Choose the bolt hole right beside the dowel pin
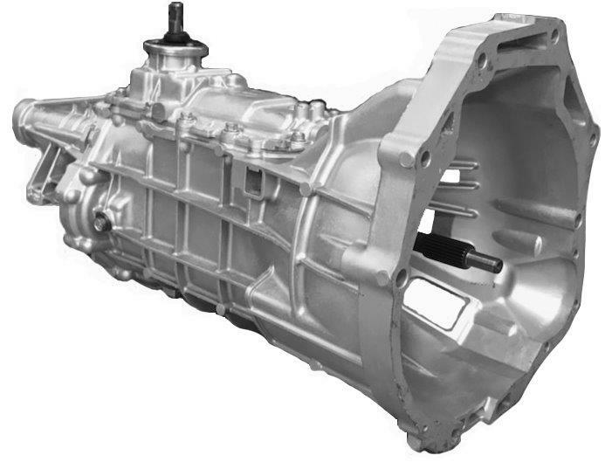click(x=424, y=160)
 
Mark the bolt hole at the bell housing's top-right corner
click(x=555, y=36)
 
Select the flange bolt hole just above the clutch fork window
click(x=401, y=278)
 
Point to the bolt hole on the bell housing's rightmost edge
click(x=593, y=137)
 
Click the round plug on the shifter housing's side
click(x=158, y=111)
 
